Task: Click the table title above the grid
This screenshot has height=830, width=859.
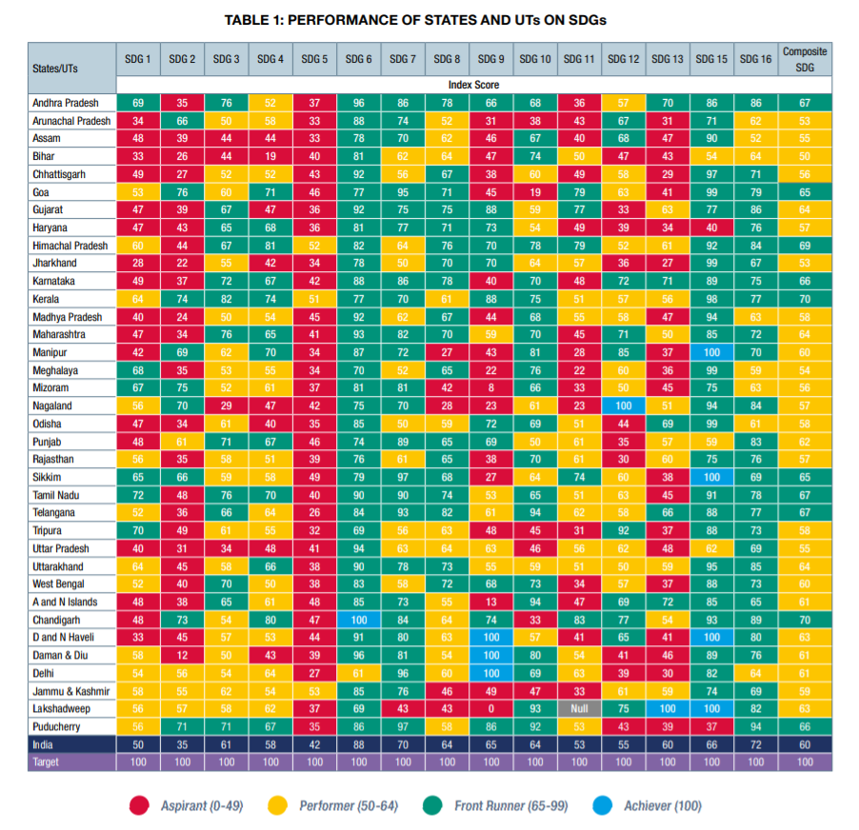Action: click(x=429, y=20)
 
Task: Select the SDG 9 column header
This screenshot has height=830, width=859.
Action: click(x=490, y=59)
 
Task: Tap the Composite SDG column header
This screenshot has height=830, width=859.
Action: click(x=805, y=58)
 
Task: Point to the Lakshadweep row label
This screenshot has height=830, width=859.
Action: click(x=61, y=709)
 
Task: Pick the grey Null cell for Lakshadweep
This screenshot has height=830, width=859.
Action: click(x=579, y=709)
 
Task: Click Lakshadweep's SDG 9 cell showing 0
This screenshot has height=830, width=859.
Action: click(x=490, y=709)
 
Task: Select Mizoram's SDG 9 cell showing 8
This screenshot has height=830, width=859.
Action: click(x=490, y=388)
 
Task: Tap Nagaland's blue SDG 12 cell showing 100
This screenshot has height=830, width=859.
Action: click(x=623, y=405)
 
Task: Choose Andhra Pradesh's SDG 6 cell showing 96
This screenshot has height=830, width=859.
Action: click(x=359, y=103)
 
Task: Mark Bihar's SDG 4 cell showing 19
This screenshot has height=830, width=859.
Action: click(x=270, y=156)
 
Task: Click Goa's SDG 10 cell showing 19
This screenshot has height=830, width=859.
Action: click(x=535, y=192)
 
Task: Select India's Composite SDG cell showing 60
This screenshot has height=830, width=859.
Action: click(x=805, y=744)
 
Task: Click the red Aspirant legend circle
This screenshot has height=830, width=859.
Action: click(x=139, y=805)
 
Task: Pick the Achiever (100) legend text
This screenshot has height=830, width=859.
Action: click(x=662, y=805)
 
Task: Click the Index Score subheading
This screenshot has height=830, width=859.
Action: click(x=473, y=85)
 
